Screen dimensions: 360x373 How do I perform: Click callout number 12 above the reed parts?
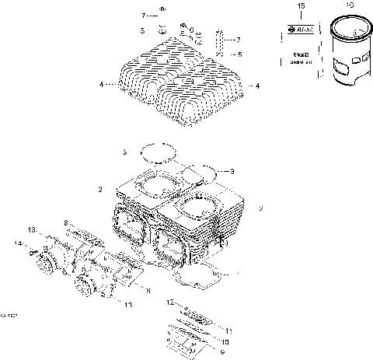169,301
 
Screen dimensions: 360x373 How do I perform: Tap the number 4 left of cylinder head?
100,84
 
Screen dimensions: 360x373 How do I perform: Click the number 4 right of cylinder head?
257,86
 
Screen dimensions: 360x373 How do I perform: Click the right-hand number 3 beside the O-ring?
232,171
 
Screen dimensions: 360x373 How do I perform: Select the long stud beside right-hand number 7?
221,43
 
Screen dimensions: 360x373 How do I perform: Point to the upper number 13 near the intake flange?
31,230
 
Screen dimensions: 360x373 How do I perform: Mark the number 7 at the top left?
144,16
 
